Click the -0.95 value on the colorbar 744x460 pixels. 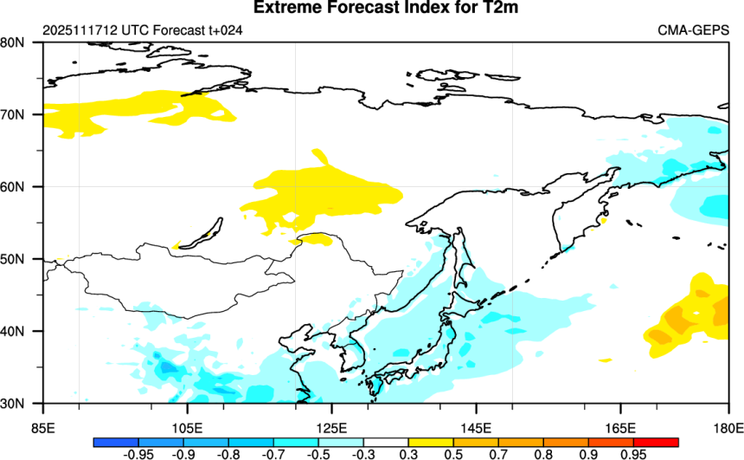click(x=132, y=454)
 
